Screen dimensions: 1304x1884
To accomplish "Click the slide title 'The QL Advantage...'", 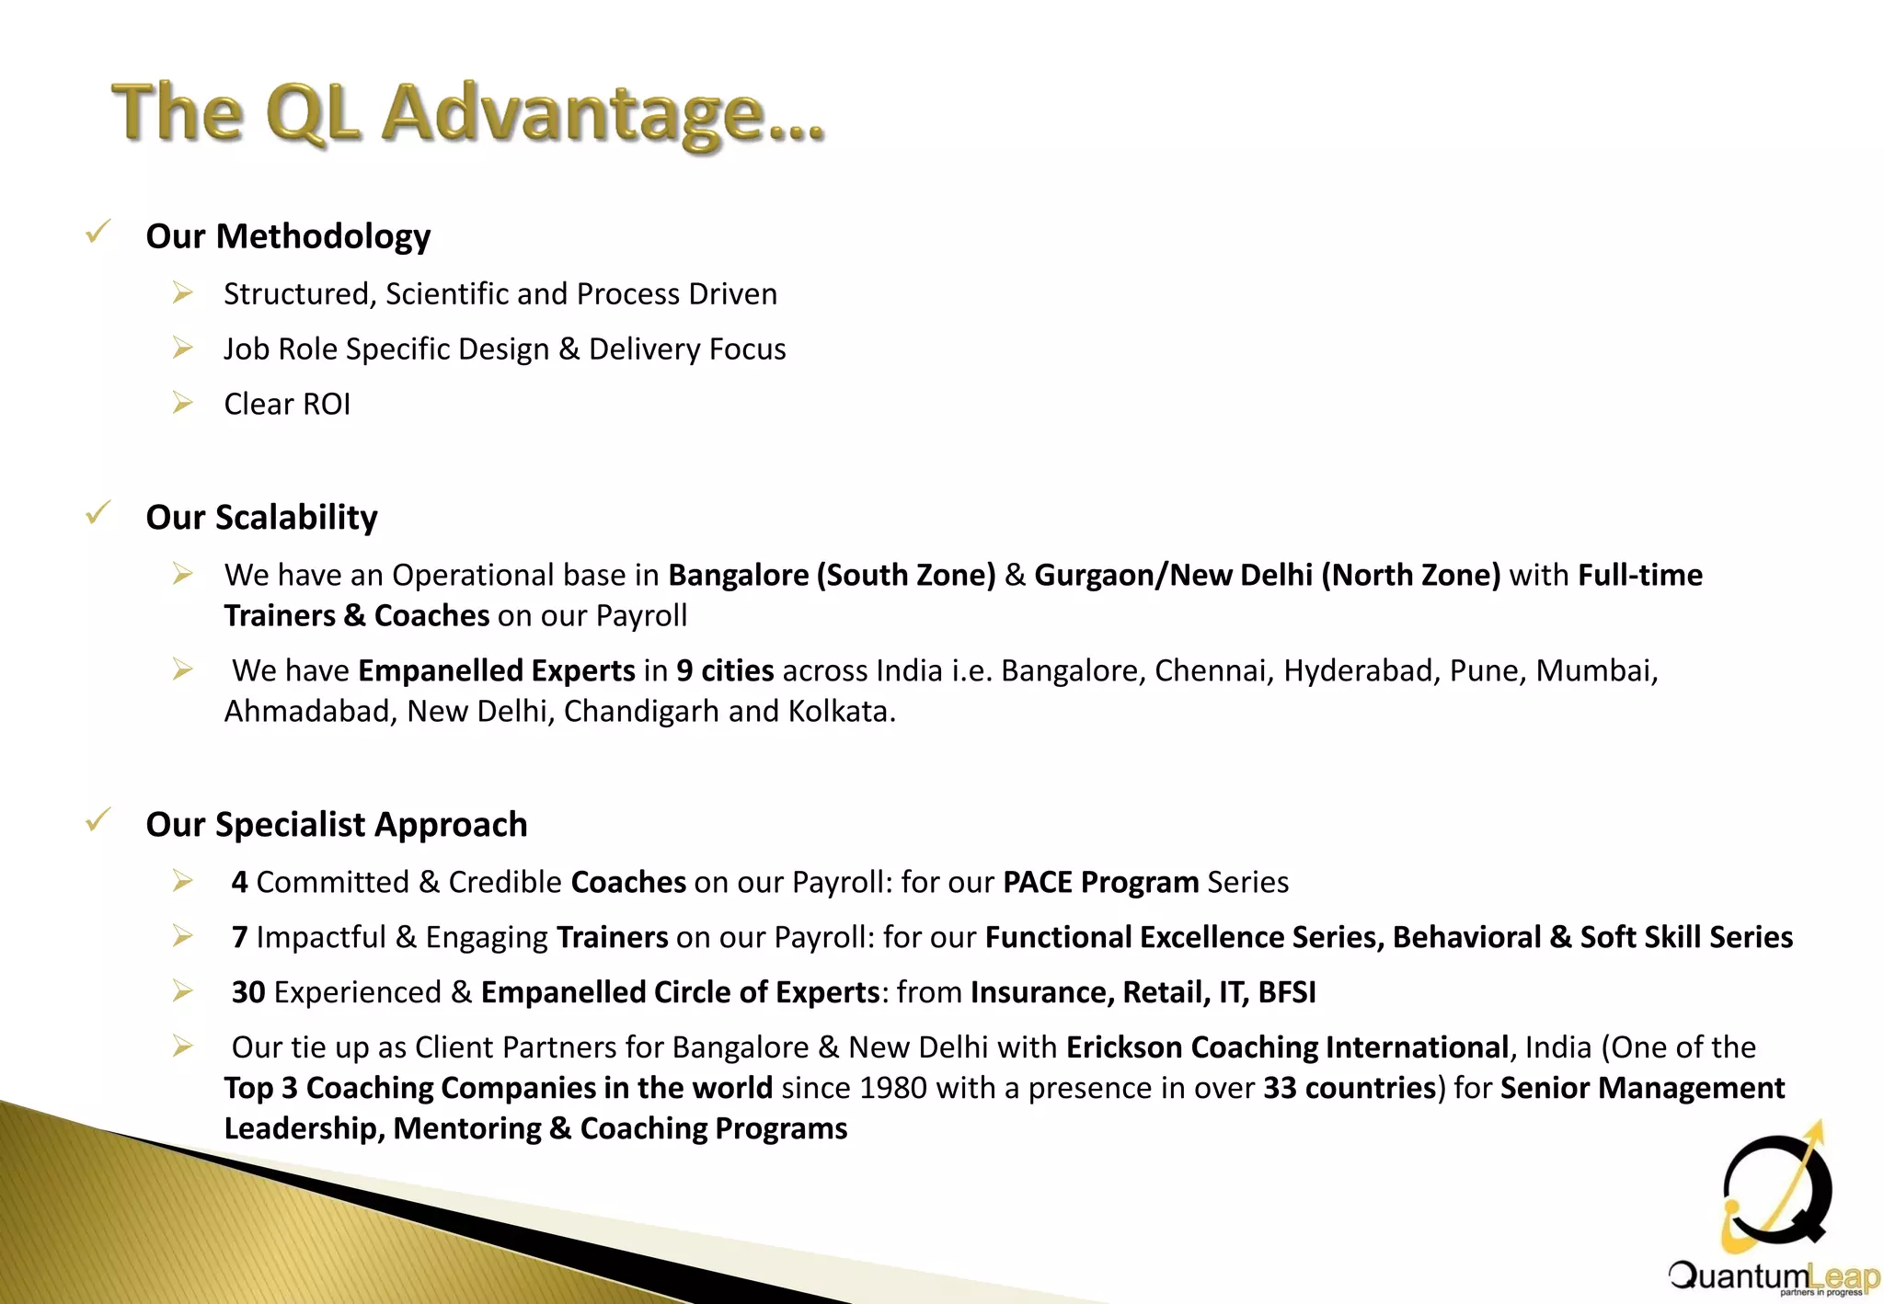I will (467, 114).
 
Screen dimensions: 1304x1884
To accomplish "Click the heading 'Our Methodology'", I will (288, 236).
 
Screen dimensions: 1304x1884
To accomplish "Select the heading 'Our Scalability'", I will (261, 518).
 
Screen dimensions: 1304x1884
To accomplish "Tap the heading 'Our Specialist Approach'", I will (337, 825).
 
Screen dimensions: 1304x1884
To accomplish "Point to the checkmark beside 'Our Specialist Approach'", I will (98, 818).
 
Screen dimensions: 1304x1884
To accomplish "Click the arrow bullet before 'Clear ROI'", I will (182, 403).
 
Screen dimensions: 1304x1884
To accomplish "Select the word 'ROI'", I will (327, 405).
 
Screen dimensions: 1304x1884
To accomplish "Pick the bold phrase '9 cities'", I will (725, 671).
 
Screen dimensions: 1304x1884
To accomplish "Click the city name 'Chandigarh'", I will (642, 712).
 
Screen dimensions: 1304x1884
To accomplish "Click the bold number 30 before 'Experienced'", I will (248, 993).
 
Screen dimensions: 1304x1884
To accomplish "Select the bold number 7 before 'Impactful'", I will (240, 938).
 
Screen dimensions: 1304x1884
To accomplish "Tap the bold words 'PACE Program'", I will (1100, 883).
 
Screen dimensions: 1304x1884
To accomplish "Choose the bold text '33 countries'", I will (1349, 1089).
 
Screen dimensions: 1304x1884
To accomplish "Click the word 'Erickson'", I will (1124, 1048).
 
